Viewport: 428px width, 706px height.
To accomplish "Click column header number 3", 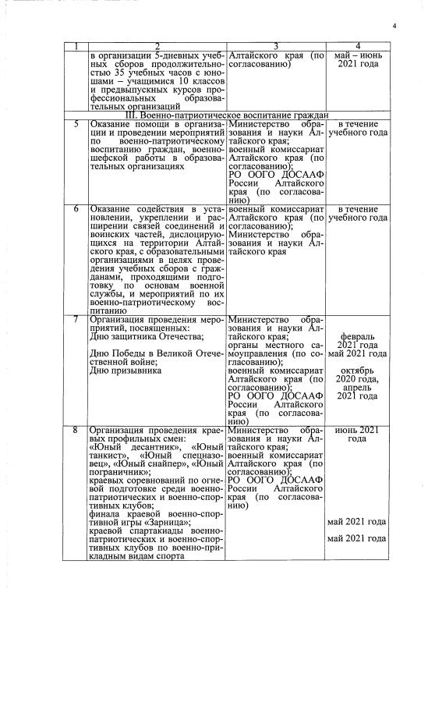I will [276, 47].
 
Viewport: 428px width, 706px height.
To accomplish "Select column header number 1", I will [76, 47].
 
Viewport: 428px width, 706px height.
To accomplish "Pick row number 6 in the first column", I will [76, 210].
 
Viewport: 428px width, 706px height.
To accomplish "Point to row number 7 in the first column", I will [76, 319].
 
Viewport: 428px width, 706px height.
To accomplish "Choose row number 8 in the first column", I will [76, 430].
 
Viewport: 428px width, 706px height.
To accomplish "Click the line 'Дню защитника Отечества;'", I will [147, 337].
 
